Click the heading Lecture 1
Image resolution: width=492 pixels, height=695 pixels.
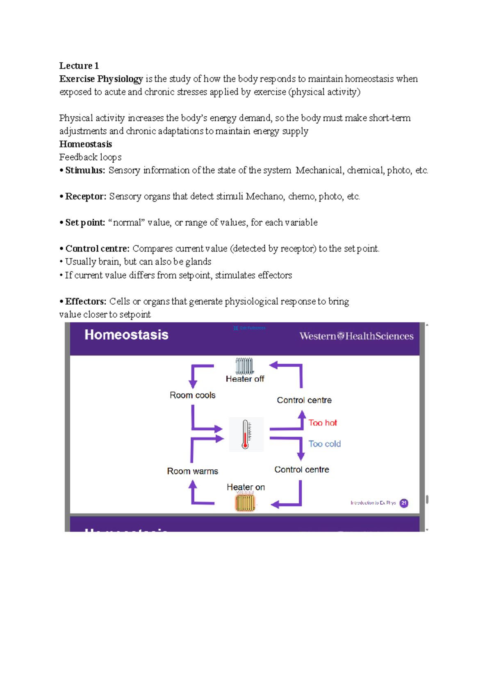click(x=79, y=66)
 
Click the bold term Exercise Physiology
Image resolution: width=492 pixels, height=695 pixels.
click(x=101, y=79)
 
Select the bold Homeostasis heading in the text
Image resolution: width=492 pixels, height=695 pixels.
click(x=85, y=144)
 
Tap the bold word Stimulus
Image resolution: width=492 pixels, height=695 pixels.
click(x=85, y=170)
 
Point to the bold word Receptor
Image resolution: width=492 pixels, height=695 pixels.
click(x=85, y=197)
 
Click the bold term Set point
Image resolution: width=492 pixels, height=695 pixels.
click(x=85, y=223)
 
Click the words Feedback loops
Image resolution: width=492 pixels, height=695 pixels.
click(x=90, y=157)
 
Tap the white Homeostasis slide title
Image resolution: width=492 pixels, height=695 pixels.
click(x=126, y=335)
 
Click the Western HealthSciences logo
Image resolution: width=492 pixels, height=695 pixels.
click(x=356, y=336)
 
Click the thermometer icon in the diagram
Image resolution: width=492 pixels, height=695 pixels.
click(x=246, y=435)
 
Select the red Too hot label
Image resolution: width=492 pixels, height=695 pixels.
click(x=323, y=423)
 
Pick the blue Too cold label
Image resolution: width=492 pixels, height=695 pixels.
click(x=324, y=444)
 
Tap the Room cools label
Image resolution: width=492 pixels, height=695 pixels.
click(x=192, y=395)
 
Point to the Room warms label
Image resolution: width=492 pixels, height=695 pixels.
click(x=192, y=471)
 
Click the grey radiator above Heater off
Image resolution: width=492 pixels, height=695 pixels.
click(x=245, y=366)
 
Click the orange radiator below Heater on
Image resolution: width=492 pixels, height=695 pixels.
click(x=245, y=503)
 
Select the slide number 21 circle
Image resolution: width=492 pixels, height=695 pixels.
click(x=404, y=503)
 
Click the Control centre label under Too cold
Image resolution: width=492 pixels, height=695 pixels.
click(x=301, y=470)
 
